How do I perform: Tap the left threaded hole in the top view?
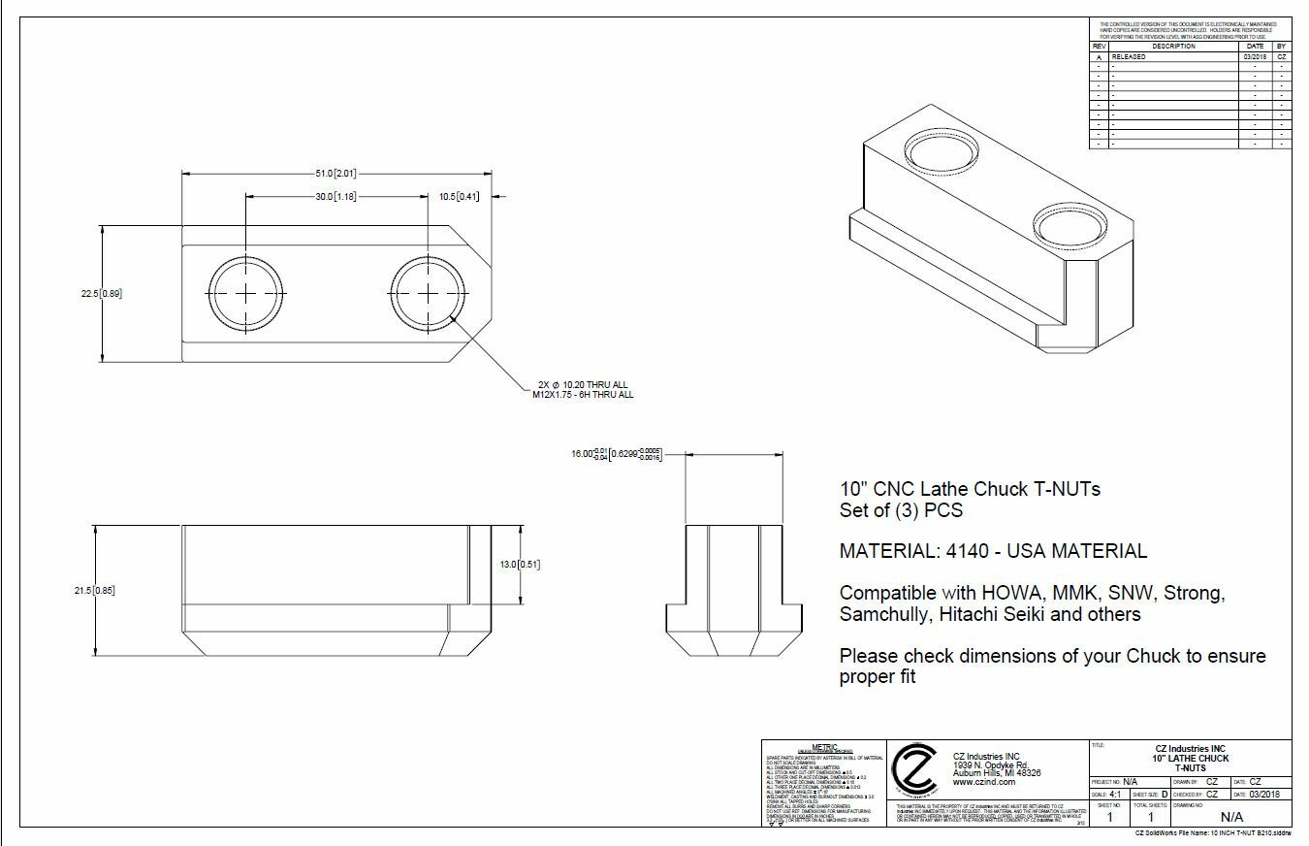[247, 294]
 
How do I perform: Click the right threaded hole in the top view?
[430, 294]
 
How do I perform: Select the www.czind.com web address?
[983, 782]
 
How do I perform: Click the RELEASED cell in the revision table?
[1129, 57]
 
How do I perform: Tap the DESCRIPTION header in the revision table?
[1173, 47]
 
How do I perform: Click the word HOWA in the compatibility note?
[1012, 593]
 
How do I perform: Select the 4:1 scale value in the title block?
[1116, 794]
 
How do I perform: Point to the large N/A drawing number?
[1230, 818]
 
